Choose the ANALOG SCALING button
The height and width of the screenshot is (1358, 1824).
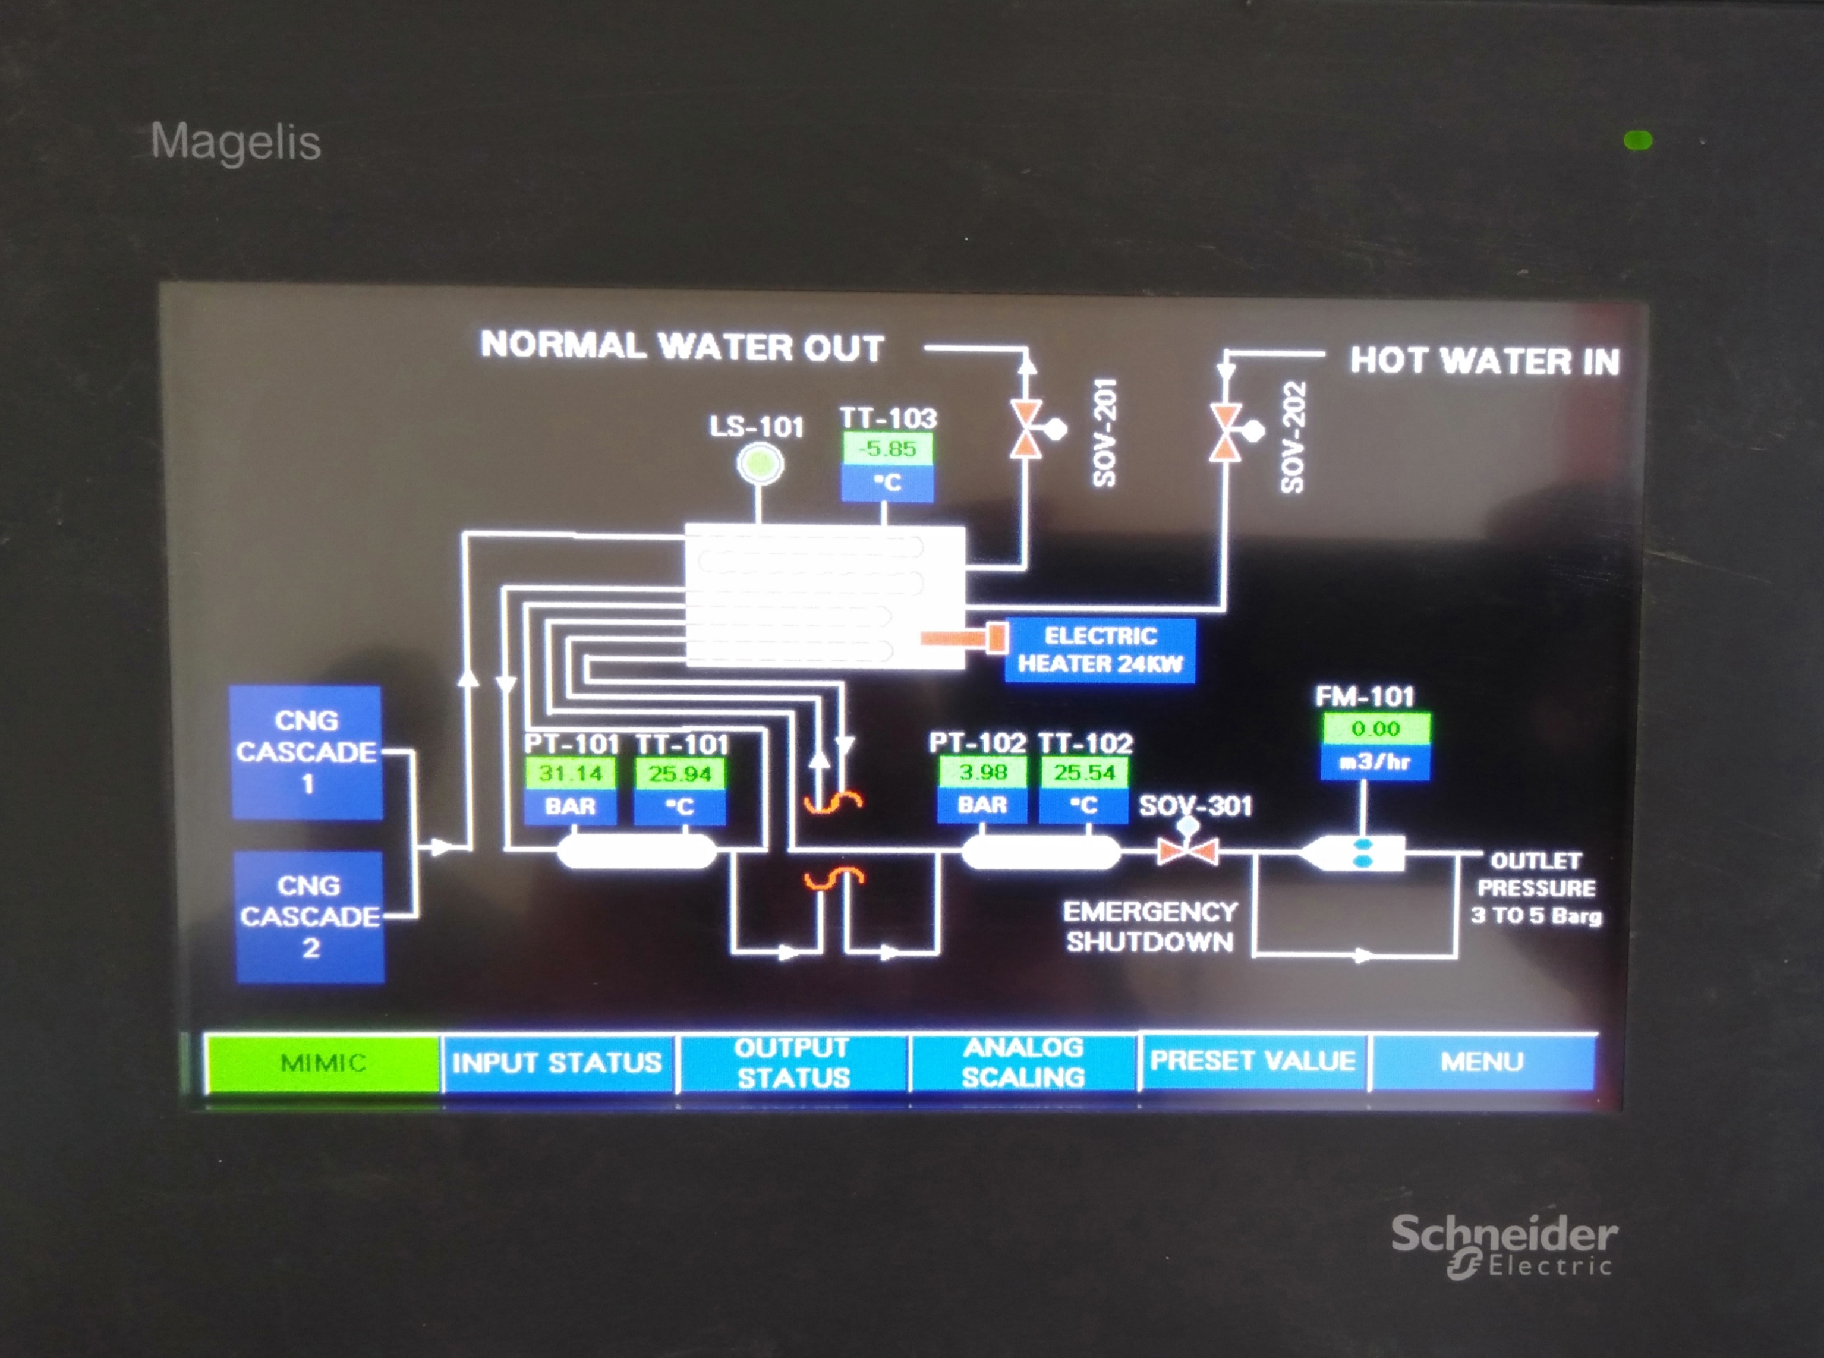(1023, 1062)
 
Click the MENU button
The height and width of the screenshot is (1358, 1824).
(1482, 1061)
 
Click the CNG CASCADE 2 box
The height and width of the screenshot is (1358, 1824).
(310, 916)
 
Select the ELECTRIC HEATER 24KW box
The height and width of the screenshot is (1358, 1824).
(1100, 650)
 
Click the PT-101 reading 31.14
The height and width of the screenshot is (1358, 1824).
(569, 774)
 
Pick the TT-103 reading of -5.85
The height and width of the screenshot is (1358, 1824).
(887, 449)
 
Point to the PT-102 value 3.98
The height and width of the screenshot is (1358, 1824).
(982, 772)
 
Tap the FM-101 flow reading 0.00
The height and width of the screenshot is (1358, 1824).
(1375, 728)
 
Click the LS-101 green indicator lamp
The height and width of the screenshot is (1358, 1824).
(760, 464)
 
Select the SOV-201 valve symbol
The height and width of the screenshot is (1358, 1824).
(1028, 429)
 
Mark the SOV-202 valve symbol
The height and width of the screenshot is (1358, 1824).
(1227, 431)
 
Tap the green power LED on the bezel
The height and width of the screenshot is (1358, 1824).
(1638, 141)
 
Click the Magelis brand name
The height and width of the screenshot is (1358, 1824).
(236, 142)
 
